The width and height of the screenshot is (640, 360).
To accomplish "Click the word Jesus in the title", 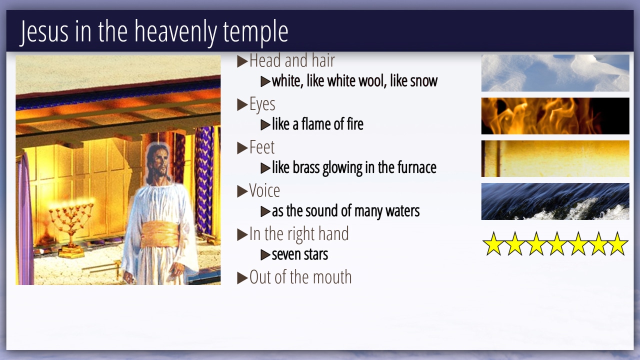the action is point(44,32).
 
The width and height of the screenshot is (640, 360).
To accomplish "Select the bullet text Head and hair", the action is point(292,60).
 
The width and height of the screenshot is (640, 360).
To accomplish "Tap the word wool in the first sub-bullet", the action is point(371,81).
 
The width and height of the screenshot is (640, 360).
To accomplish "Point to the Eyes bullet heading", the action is point(262,104).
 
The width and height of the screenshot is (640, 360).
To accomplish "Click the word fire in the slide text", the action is point(355,124).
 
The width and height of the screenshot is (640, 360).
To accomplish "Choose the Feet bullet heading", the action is point(261,147).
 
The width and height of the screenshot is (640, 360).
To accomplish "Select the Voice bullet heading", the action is point(264,190).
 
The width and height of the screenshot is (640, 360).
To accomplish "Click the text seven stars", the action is point(299,254).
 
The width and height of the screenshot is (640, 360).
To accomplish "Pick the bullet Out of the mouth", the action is point(300,277).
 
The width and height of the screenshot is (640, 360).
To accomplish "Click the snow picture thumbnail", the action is point(555,73).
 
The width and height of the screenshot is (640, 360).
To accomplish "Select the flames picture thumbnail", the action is point(555,116).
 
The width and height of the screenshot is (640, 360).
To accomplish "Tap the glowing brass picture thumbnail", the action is point(555,158).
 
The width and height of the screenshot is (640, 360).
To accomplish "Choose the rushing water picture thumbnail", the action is point(555,201).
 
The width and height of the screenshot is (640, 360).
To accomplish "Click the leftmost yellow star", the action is point(493,244).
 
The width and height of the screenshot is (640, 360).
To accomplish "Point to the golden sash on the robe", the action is point(160,235).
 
